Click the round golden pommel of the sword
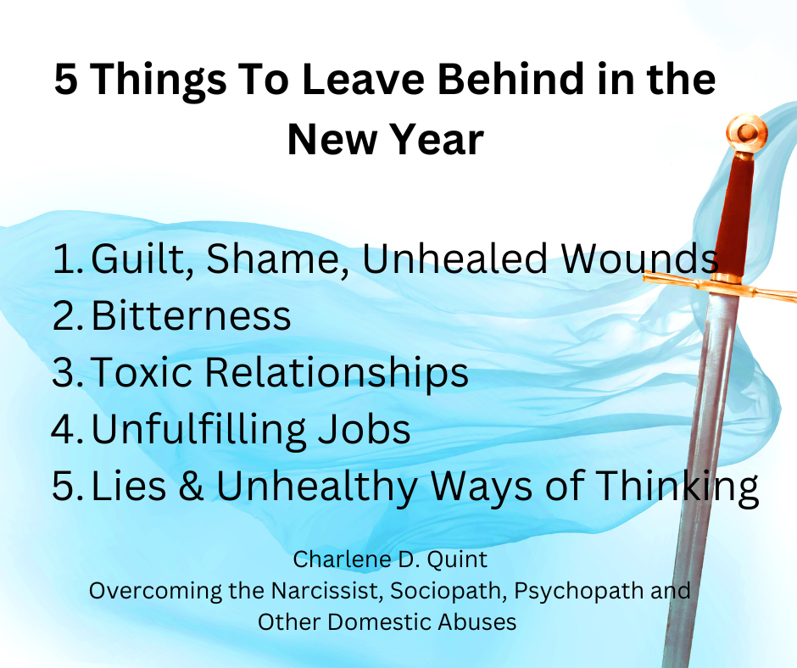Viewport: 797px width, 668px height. click(746, 133)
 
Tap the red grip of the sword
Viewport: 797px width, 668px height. click(733, 214)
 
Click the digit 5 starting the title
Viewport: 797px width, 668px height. click(66, 80)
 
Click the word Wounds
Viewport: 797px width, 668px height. click(639, 259)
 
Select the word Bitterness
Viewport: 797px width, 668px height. click(191, 315)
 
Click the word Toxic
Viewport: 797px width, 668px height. click(142, 371)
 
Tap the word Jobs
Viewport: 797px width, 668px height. click(364, 429)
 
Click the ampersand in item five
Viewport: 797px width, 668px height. click(191, 486)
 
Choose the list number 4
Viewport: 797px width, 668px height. click(67, 429)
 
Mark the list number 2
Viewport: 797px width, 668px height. click(67, 315)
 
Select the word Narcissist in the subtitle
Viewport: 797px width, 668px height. click(326, 591)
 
